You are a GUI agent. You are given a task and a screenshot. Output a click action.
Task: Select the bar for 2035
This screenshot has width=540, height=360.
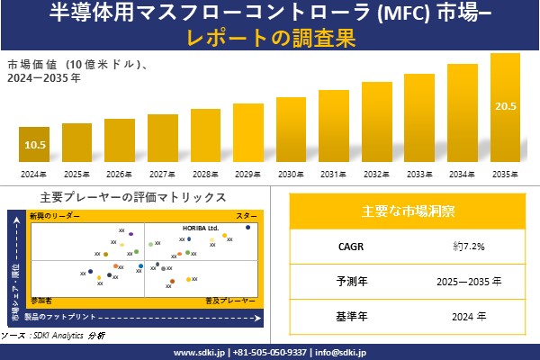pos(505,108)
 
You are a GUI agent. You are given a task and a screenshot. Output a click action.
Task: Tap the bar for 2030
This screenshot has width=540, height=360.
pos(292,130)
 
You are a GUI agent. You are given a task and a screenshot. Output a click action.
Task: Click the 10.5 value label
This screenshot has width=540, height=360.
pos(34,145)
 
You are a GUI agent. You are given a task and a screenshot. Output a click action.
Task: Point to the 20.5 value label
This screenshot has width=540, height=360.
pos(505,106)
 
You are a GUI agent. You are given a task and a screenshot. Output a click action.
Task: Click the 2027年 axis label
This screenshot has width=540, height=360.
pos(162,174)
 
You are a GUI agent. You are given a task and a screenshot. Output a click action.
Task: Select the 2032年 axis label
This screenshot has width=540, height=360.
pos(377,174)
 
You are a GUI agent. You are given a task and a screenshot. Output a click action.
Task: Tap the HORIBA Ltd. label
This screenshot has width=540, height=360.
pos(201,228)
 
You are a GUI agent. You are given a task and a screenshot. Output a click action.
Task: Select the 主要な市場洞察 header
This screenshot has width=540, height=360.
pos(408,211)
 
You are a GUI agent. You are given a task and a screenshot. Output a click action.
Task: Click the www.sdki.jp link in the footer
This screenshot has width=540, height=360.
pos(199,352)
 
